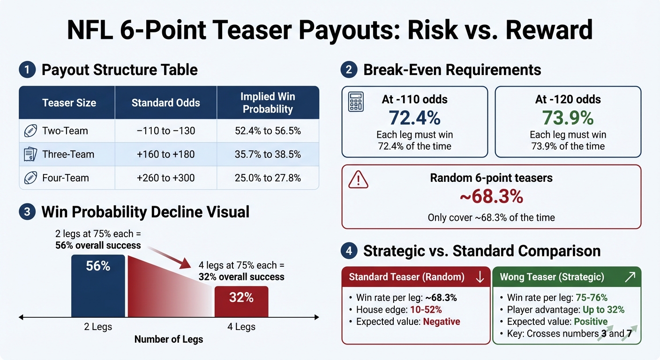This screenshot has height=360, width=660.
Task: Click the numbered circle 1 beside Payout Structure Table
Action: (x=27, y=70)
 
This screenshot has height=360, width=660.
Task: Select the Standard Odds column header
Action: (x=165, y=103)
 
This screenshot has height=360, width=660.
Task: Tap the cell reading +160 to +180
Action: (x=165, y=154)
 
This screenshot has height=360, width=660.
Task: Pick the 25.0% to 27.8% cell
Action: (x=268, y=178)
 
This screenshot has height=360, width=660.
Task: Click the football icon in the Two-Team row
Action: (x=30, y=131)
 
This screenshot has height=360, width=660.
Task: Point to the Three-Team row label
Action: (x=68, y=154)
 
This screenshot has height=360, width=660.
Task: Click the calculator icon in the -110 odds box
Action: (x=356, y=102)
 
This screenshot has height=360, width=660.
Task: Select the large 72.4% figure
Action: (x=414, y=117)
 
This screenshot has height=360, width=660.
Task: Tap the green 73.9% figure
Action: (x=568, y=117)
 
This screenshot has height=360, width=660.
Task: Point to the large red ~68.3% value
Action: (x=491, y=197)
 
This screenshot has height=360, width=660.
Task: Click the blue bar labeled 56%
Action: (x=98, y=286)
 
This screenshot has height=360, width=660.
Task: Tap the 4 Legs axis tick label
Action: (x=241, y=327)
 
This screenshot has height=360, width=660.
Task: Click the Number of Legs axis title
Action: (x=169, y=339)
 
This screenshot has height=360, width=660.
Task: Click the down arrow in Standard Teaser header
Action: (x=480, y=277)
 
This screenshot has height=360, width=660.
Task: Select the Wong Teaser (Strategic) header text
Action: (x=552, y=277)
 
